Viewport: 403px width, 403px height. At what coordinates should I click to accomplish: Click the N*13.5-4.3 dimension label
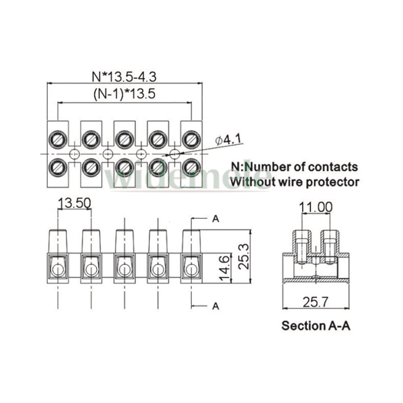coord(125,76)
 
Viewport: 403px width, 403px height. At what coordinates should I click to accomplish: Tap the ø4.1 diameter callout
coord(228,140)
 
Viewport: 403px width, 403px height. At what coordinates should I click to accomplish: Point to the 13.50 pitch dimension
coord(74,203)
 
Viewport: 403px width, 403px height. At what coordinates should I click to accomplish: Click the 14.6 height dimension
coord(226,268)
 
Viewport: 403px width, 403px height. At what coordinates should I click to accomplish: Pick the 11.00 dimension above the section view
coord(316,207)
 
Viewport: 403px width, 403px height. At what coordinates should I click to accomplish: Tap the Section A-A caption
coord(316,326)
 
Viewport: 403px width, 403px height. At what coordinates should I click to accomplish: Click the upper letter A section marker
coord(216,219)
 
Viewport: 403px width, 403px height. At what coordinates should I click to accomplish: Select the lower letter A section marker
coord(216,306)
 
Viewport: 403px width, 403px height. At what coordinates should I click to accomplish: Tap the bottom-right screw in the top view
coord(191,167)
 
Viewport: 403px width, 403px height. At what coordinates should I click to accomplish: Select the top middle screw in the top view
coord(125,139)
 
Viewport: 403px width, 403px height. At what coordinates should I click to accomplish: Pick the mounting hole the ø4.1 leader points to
coord(174,154)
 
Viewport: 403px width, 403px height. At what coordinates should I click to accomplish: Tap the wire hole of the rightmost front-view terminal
coord(191,269)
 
